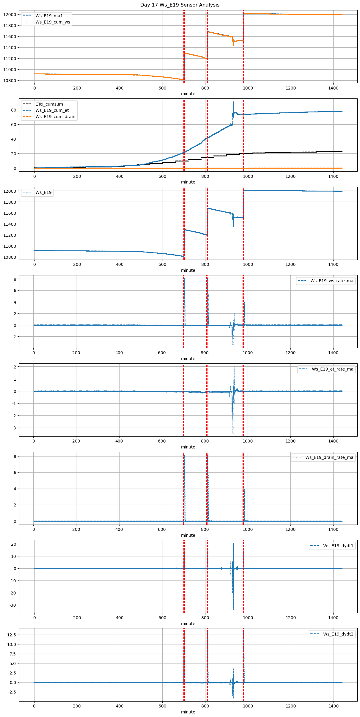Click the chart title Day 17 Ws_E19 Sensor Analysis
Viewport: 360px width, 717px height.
[180, 5]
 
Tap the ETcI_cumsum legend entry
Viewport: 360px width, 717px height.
[49, 104]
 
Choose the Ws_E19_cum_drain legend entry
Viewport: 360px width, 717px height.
[55, 117]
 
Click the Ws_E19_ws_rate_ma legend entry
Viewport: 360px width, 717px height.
[332, 281]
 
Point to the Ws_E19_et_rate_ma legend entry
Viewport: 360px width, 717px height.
[332, 369]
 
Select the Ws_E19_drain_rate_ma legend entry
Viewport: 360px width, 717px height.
[329, 457]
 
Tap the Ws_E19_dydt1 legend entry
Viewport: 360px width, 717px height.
[338, 546]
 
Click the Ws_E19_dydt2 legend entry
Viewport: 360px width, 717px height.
[338, 634]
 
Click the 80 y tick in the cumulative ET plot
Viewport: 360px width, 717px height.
[13, 110]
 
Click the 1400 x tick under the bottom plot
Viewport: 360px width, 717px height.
[334, 706]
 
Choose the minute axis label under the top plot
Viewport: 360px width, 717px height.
[188, 94]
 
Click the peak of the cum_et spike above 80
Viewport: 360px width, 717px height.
[233, 102]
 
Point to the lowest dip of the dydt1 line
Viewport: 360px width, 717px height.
[233, 610]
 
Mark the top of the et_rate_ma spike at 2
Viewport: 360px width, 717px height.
[234, 367]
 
